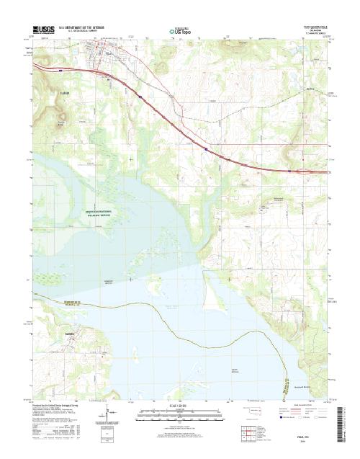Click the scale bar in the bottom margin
(x=180, y=414)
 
